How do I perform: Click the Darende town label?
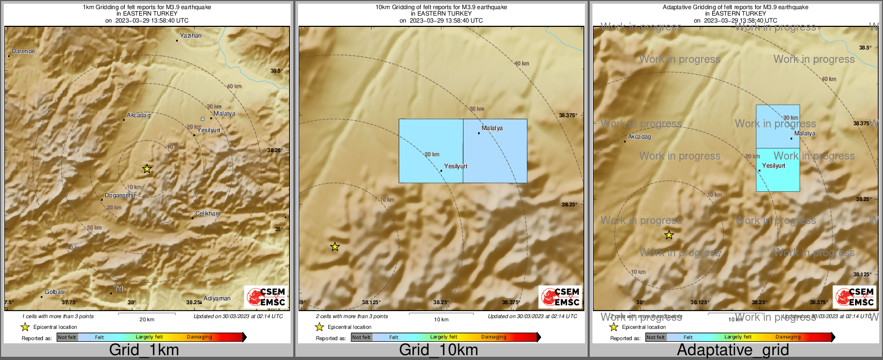pyautogui.click(x=23, y=52)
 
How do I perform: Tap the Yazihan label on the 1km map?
pyautogui.click(x=191, y=36)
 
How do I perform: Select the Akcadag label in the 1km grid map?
pyautogui.click(x=139, y=116)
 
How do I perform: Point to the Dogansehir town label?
pyautogui.click(x=120, y=196)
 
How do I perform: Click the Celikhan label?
pyautogui.click(x=207, y=214)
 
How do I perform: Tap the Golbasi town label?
pyautogui.click(x=55, y=292)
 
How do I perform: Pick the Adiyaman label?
pyautogui.click(x=217, y=299)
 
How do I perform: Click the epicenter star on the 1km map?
pyautogui.click(x=147, y=169)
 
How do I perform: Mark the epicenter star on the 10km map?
pyautogui.click(x=335, y=247)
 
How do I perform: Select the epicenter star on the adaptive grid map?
pyautogui.click(x=669, y=235)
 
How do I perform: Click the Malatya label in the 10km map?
pyautogui.click(x=492, y=128)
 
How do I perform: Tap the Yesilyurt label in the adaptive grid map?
pyautogui.click(x=773, y=166)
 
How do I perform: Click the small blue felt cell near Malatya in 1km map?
pyautogui.click(x=202, y=119)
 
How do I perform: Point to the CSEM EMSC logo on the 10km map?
pyautogui.click(x=560, y=297)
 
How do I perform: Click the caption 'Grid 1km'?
pyautogui.click(x=144, y=350)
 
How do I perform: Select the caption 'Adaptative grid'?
pyautogui.click(x=733, y=350)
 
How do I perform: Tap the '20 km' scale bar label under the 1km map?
pyautogui.click(x=147, y=319)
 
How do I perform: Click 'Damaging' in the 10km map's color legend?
pyautogui.click(x=494, y=337)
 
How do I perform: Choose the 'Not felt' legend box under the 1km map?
pyautogui.click(x=67, y=337)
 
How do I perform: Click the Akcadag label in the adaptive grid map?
pyautogui.click(x=639, y=137)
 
